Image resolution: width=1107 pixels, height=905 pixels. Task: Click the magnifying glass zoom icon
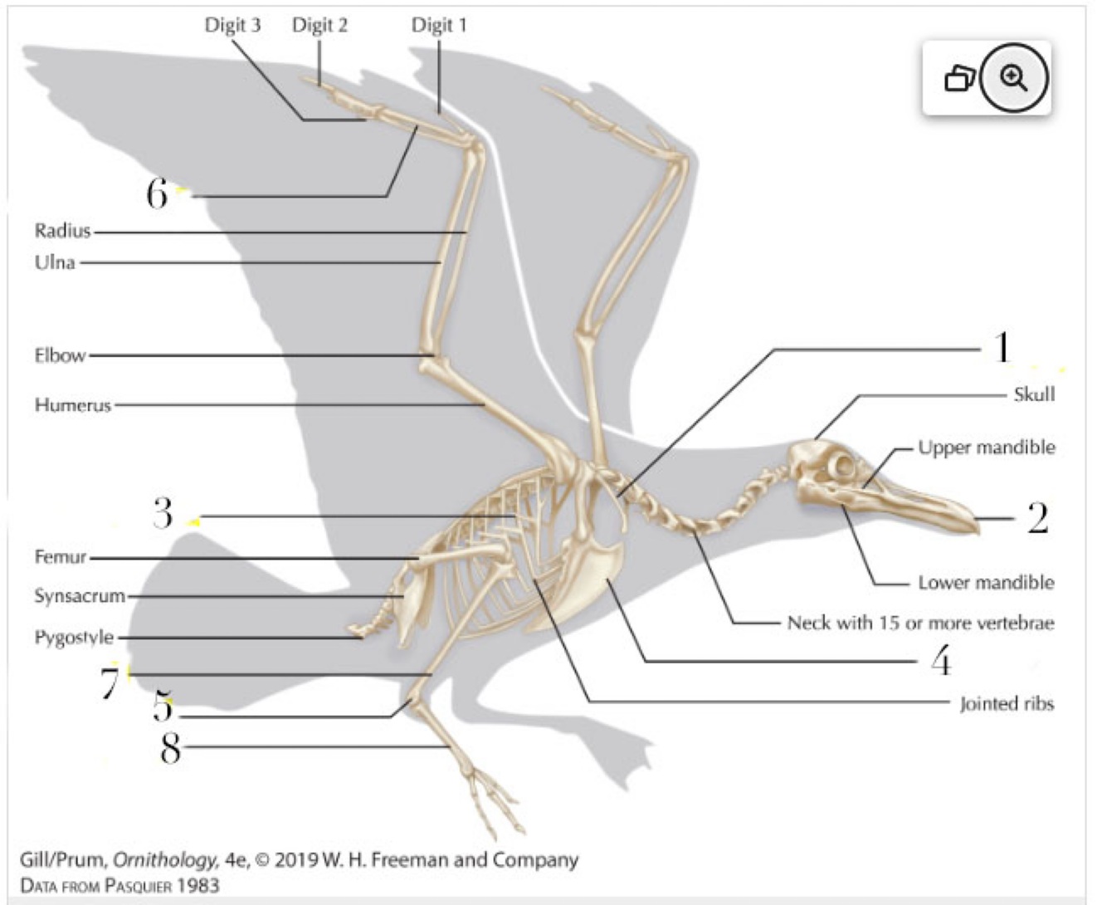(x=1013, y=79)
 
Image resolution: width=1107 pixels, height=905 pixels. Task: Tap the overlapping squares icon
(x=959, y=79)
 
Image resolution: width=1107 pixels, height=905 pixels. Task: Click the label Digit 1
(x=439, y=25)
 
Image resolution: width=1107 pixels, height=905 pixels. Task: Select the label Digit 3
(x=232, y=25)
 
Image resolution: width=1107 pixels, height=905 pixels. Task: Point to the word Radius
(x=62, y=231)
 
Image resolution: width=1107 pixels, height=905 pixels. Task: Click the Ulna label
(x=55, y=262)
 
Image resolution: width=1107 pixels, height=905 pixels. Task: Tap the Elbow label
(x=60, y=355)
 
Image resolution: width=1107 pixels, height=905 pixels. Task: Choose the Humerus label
(x=72, y=405)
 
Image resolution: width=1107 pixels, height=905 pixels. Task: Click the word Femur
(x=60, y=556)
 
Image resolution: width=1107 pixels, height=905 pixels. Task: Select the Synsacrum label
(x=79, y=595)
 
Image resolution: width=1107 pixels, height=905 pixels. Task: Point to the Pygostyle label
(x=73, y=637)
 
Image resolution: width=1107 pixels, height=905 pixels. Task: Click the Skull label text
(x=1034, y=394)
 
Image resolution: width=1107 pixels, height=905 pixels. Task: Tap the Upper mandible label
(x=986, y=448)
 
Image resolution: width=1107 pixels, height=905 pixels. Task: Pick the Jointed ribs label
(x=1006, y=704)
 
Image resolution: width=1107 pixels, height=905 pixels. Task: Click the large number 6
(x=157, y=193)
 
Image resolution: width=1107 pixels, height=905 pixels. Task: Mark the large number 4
(x=940, y=662)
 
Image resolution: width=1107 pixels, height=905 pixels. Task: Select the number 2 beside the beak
(x=1037, y=518)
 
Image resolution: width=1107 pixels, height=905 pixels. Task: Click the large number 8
(x=170, y=747)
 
